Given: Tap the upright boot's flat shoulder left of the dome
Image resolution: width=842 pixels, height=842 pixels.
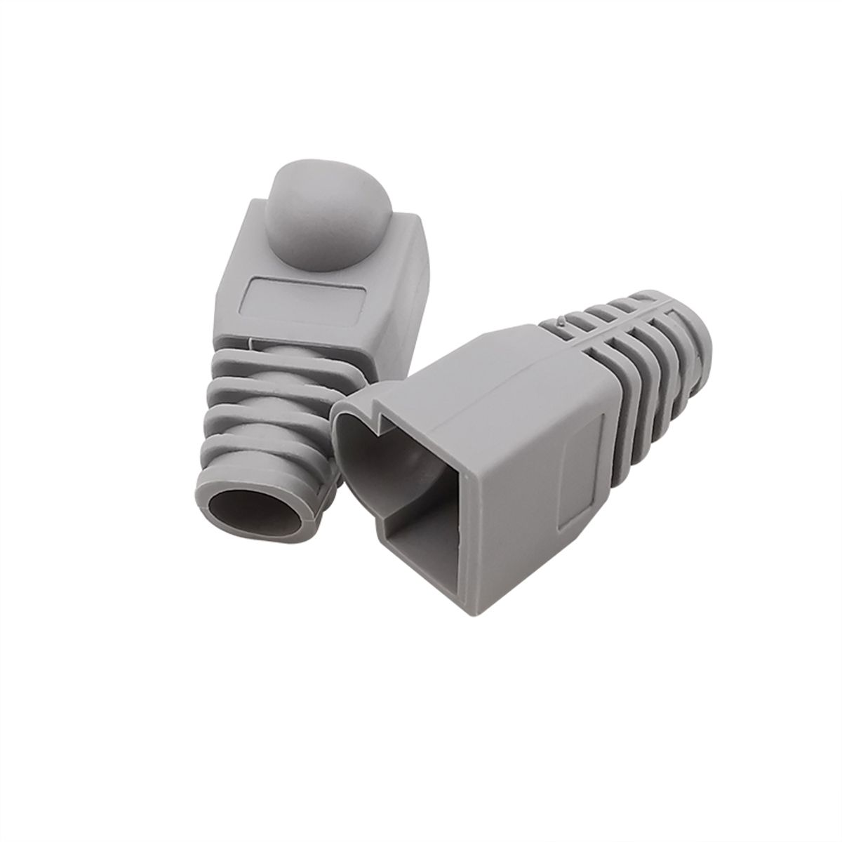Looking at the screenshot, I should point(256,246).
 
